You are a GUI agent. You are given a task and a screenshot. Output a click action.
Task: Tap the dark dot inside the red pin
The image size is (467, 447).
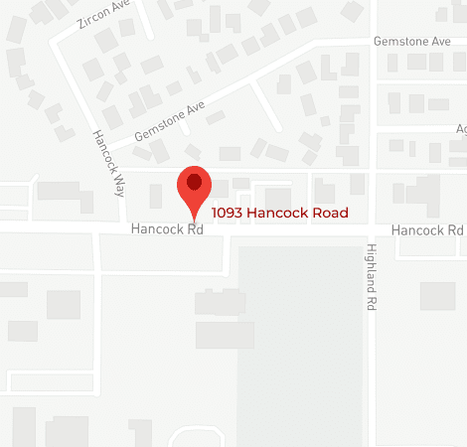tap(194, 182)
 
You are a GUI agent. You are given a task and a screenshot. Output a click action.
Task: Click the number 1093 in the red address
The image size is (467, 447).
tap(228, 213)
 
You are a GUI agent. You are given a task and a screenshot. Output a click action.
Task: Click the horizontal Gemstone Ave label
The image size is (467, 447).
tap(410, 42)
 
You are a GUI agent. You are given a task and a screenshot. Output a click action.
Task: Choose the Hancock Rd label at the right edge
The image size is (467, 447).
tap(427, 229)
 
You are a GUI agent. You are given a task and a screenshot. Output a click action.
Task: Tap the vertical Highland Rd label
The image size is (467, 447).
tap(371, 279)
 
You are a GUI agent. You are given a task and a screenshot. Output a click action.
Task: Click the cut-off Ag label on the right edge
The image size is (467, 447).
tap(461, 129)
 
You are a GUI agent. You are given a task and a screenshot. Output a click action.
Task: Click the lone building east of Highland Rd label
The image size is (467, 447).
tap(437, 296)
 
